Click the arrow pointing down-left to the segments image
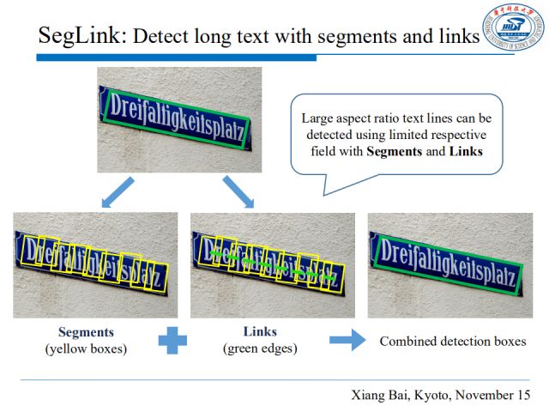pos(118,191)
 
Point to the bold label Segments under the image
pos(86,332)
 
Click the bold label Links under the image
pos(261,332)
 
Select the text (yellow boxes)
pos(86,348)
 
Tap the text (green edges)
pos(261,348)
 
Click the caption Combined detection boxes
pos(452,342)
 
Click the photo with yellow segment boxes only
pos(95,265)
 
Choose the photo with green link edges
pos(272,265)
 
